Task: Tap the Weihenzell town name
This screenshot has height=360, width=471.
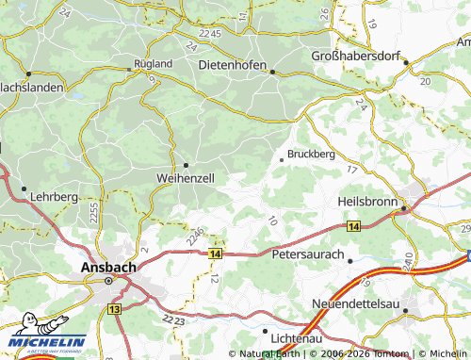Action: tap(186, 177)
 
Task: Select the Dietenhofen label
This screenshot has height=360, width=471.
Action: tap(235, 64)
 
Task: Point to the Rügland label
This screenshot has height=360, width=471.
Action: tap(153, 63)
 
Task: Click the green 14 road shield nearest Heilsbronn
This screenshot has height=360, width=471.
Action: tap(353, 227)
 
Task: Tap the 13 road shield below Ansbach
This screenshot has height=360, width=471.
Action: tap(115, 308)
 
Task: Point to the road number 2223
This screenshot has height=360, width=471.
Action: tap(173, 321)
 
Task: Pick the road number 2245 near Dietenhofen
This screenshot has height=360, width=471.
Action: tap(208, 34)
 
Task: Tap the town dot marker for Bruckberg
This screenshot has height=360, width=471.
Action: tap(282, 160)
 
